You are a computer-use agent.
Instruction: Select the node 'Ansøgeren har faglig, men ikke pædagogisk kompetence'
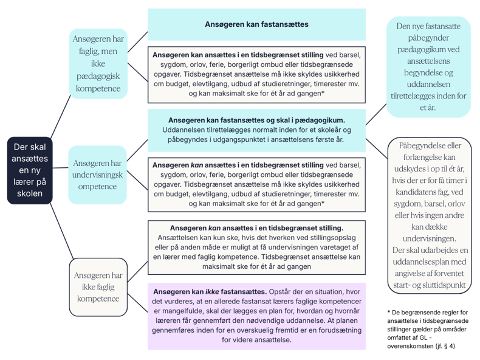pyautogui.click(x=98, y=64)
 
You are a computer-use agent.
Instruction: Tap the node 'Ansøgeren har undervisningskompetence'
pyautogui.click(x=97, y=175)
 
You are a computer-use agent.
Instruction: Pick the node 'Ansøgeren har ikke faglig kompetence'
pyautogui.click(x=97, y=286)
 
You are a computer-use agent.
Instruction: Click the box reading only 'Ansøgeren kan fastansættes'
pyautogui.click(x=256, y=25)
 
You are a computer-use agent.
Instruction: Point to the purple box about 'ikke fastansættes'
pyautogui.click(x=256, y=316)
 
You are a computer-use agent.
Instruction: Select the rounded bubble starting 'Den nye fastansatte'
pyautogui.click(x=428, y=67)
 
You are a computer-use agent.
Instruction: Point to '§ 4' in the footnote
pyautogui.click(x=448, y=346)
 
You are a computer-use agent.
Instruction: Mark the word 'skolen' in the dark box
pyautogui.click(x=30, y=193)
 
